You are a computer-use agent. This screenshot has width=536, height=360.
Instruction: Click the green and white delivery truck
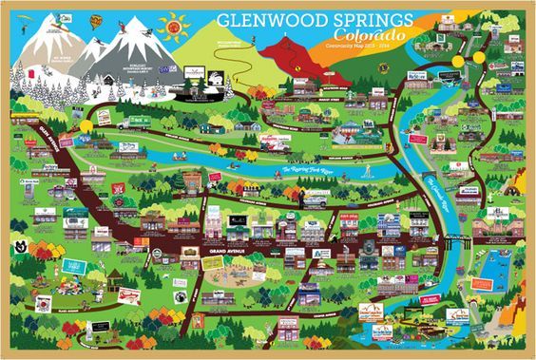[133, 122]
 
